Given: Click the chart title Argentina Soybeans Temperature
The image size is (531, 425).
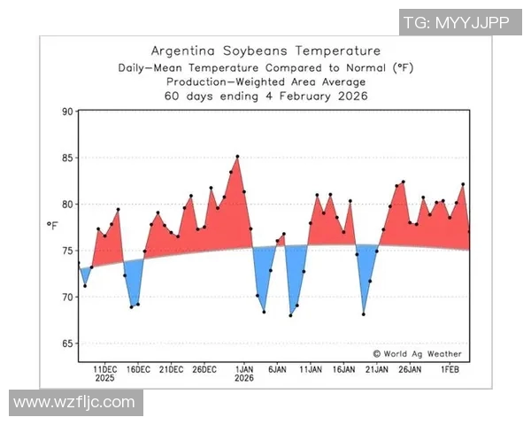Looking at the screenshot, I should pyautogui.click(x=265, y=50).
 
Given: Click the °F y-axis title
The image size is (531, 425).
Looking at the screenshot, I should pyautogui.click(x=52, y=226).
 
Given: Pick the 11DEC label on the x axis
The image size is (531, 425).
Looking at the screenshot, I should pyautogui.click(x=104, y=368).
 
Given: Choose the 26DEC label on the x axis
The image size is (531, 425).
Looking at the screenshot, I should pyautogui.click(x=204, y=368).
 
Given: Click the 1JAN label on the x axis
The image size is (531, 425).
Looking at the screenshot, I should pyautogui.click(x=245, y=368).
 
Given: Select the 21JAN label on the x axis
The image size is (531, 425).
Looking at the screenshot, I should pyautogui.click(x=377, y=368).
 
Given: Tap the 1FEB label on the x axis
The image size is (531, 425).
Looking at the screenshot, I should pyautogui.click(x=450, y=368).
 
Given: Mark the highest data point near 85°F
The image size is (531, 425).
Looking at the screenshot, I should pyautogui.click(x=237, y=157).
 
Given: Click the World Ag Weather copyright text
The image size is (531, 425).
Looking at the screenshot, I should pyautogui.click(x=418, y=352).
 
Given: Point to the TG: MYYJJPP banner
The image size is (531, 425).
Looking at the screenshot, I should pyautogui.click(x=457, y=23).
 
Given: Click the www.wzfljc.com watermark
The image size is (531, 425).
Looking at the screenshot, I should pyautogui.click(x=75, y=403).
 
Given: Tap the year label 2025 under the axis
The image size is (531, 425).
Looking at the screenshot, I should pyautogui.click(x=104, y=378).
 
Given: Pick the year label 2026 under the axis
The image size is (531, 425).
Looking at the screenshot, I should pyautogui.click(x=245, y=378).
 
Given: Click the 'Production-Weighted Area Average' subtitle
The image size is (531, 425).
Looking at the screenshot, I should pyautogui.click(x=265, y=81).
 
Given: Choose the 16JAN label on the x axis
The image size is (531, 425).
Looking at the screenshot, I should pyautogui.click(x=344, y=368).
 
